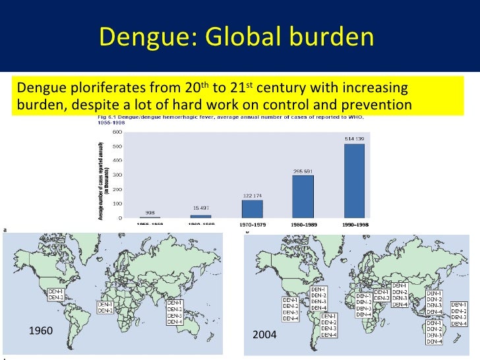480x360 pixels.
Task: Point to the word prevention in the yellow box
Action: click(x=376, y=104)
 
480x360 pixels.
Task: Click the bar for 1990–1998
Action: click(x=353, y=181)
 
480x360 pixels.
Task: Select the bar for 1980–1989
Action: click(x=303, y=196)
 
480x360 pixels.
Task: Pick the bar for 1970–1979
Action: click(x=252, y=209)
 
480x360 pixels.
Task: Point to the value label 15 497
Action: click(x=201, y=209)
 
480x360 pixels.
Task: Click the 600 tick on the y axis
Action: click(x=117, y=131)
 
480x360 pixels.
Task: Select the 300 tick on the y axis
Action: click(x=117, y=175)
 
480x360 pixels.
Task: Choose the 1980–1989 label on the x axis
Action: click(x=303, y=224)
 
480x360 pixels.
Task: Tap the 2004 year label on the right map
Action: click(x=265, y=336)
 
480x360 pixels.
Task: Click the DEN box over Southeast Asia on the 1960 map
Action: click(x=175, y=313)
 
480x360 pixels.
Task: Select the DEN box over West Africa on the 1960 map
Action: click(x=105, y=307)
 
